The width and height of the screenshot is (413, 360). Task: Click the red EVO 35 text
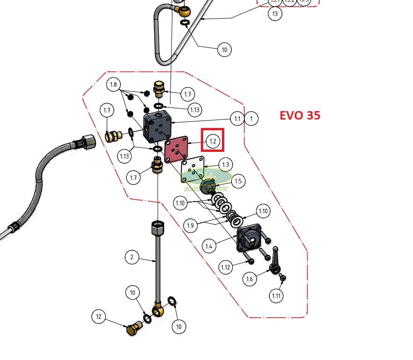(x=300, y=115)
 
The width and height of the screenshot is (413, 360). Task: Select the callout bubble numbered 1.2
(x=213, y=141)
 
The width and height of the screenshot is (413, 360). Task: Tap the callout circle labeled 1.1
(x=237, y=119)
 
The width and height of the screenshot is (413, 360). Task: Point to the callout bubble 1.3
(x=226, y=165)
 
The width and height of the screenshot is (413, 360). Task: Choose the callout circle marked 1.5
(x=238, y=181)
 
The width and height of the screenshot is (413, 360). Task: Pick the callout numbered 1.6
(x=250, y=279)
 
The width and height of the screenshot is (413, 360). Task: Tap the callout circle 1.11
(x=277, y=296)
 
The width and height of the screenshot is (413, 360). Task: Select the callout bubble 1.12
(x=226, y=267)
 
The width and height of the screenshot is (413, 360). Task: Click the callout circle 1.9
(x=191, y=226)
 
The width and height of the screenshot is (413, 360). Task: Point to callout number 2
(x=132, y=257)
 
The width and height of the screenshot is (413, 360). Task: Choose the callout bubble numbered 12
(x=98, y=317)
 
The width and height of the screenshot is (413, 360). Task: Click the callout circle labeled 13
(x=275, y=14)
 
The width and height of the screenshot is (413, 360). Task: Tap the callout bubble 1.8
(x=113, y=85)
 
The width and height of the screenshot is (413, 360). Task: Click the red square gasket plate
(x=176, y=150)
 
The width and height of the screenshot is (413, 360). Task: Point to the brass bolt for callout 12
(x=134, y=328)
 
